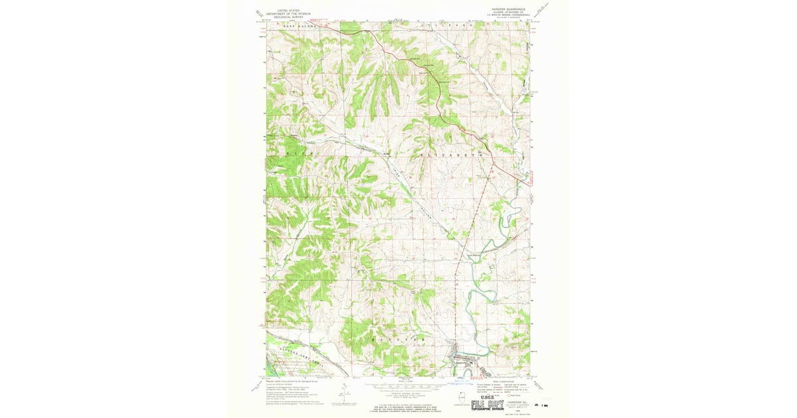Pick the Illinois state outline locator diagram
(462, 401)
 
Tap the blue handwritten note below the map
(464, 383)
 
